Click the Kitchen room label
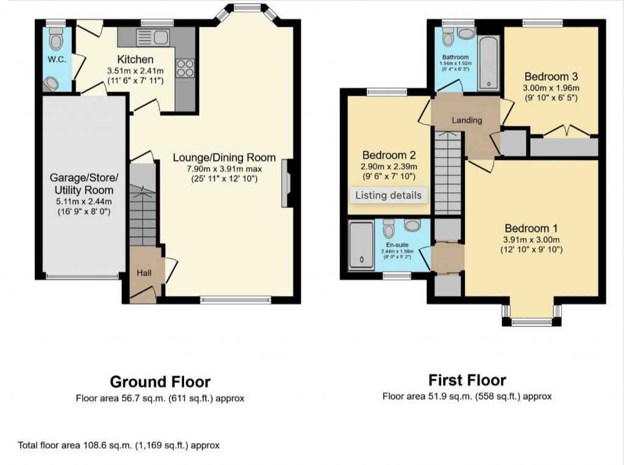135,60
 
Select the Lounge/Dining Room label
224,158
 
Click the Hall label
144,273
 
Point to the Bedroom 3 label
551,77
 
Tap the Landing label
467,120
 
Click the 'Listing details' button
388,195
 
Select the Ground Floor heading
160,382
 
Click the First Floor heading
467,380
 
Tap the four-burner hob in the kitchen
185,67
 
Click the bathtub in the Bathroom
489,63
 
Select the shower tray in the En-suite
362,246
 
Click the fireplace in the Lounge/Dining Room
286,184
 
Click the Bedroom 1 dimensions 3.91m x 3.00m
530,239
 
